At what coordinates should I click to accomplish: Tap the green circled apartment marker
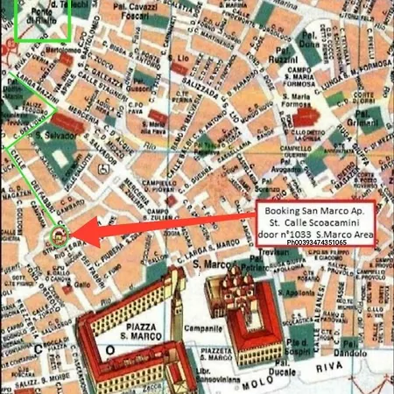tap(60, 235)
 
